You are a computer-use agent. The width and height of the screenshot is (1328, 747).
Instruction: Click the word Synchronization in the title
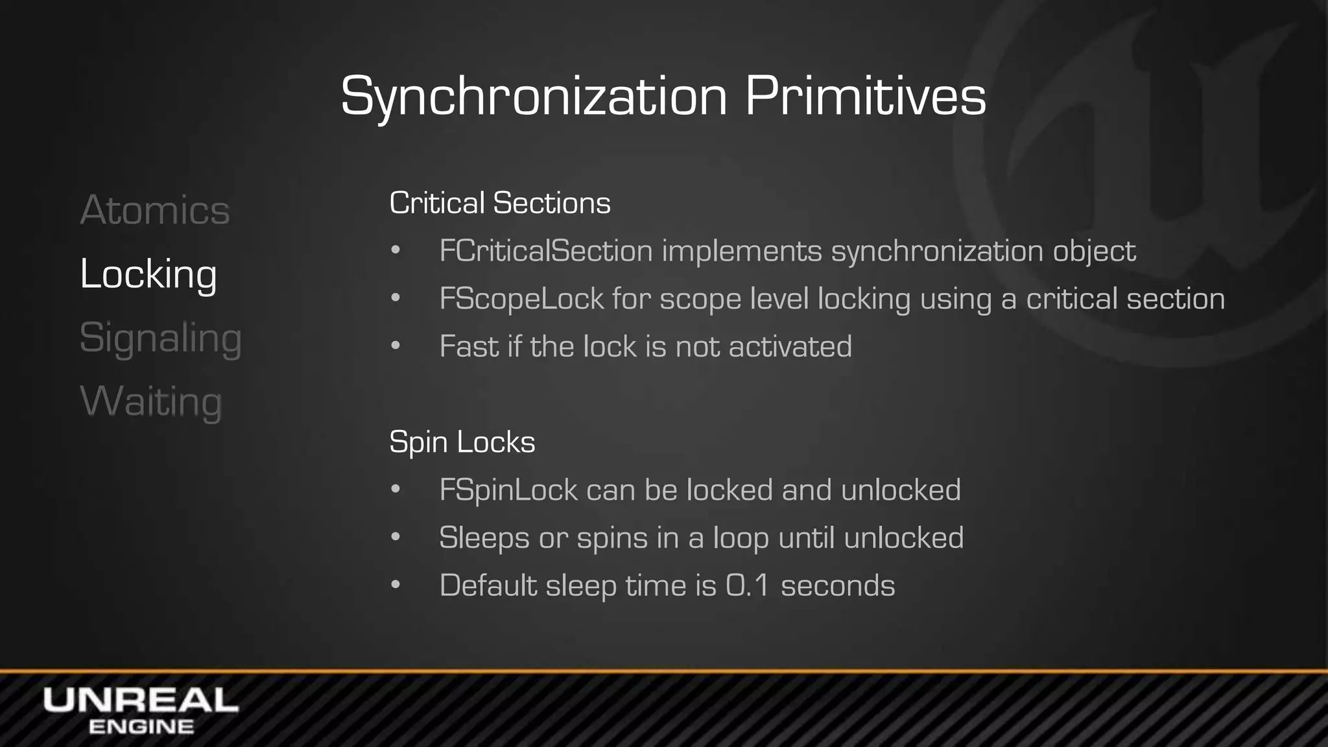pyautogui.click(x=534, y=97)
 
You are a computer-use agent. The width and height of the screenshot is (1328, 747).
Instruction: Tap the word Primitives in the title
pyautogui.click(x=865, y=97)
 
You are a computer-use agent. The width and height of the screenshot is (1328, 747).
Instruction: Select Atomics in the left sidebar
pyautogui.click(x=155, y=210)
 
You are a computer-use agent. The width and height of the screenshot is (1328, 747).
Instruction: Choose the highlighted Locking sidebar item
pyautogui.click(x=148, y=274)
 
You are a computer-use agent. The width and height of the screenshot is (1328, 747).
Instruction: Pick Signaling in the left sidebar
pyautogui.click(x=160, y=338)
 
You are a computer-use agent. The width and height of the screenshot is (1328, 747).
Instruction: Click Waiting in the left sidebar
pyautogui.click(x=151, y=401)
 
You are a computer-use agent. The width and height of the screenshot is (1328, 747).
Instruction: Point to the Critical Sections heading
pyautogui.click(x=500, y=203)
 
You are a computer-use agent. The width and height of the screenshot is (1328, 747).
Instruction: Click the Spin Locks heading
pyautogui.click(x=462, y=442)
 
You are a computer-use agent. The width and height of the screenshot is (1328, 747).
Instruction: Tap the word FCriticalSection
pyautogui.click(x=545, y=251)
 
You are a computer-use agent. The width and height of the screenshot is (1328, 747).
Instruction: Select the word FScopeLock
pyautogui.click(x=521, y=299)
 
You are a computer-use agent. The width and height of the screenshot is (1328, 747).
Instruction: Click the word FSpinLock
pyautogui.click(x=508, y=490)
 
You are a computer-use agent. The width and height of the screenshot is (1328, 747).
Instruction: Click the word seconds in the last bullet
pyautogui.click(x=838, y=586)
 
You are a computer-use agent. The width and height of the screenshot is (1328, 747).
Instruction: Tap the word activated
pyautogui.click(x=790, y=346)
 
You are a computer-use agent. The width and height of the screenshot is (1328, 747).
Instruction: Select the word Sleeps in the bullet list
pyautogui.click(x=484, y=538)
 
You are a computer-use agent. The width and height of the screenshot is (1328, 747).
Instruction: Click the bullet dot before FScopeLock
pyautogui.click(x=396, y=299)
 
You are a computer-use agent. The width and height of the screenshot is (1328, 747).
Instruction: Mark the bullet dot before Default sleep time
pyautogui.click(x=396, y=586)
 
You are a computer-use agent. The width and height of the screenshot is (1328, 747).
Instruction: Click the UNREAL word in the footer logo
pyautogui.click(x=141, y=701)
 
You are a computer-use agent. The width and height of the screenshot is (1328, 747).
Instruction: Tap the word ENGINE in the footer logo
pyautogui.click(x=141, y=727)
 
